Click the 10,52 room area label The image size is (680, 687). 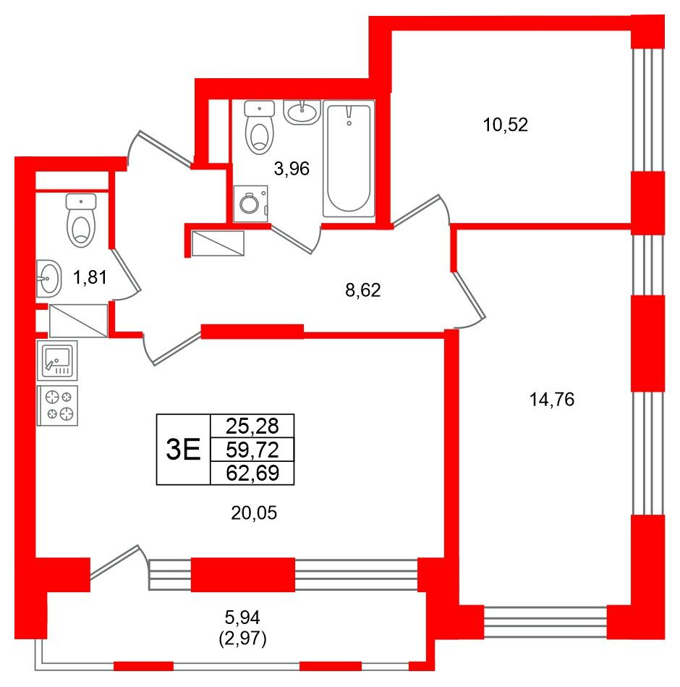click(505, 125)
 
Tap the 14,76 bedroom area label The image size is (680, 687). click(552, 400)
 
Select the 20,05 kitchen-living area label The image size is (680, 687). click(254, 513)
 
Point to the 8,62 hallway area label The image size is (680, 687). click(363, 290)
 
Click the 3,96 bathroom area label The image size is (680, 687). click(292, 168)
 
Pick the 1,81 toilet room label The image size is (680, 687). click(90, 277)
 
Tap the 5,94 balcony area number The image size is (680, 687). click(242, 618)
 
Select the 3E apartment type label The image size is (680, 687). click(183, 450)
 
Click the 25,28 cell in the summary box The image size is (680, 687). click(252, 426)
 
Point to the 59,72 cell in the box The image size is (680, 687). click(252, 450)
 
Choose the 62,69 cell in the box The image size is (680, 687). click(252, 473)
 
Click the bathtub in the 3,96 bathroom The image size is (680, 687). click(349, 159)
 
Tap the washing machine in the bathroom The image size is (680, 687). click(251, 204)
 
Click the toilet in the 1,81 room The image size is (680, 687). click(81, 220)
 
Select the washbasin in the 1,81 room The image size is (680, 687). click(48, 279)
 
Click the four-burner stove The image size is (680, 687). click(57, 405)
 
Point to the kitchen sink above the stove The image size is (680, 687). click(57, 361)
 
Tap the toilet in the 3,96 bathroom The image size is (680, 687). click(260, 127)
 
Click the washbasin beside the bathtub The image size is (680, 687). click(302, 112)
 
